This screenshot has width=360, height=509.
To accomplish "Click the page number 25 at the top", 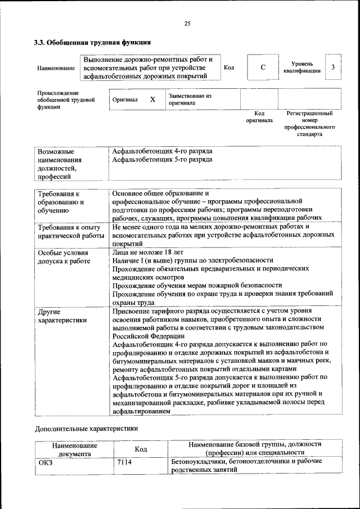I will [x=187, y=23].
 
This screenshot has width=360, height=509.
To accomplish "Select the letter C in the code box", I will [x=263, y=68].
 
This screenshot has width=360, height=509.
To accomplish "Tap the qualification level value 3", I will [x=333, y=67].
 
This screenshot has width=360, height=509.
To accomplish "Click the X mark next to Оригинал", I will [x=152, y=100].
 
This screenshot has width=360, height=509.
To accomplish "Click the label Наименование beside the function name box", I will [x=56, y=68].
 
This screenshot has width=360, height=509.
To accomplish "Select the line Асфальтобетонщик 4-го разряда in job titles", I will [x=162, y=151].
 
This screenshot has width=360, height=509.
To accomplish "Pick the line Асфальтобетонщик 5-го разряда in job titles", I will [x=162, y=160].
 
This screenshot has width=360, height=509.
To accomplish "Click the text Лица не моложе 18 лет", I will [x=144, y=252].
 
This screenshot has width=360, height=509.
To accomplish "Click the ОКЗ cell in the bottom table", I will [x=44, y=462].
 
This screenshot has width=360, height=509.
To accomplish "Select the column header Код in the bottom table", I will [x=141, y=449].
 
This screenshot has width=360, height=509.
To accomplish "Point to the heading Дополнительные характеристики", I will [x=86, y=429].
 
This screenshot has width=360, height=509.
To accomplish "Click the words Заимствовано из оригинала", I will [x=190, y=100].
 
